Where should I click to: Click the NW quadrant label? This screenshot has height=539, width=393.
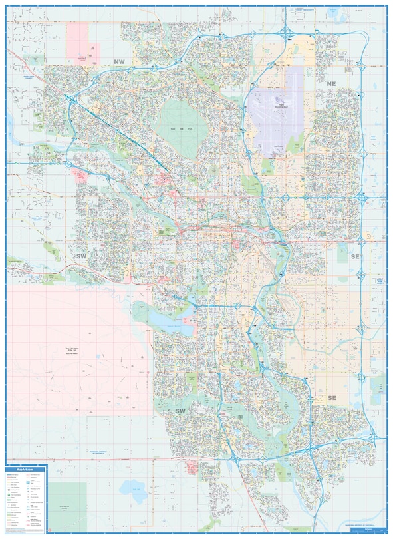pos(119,61)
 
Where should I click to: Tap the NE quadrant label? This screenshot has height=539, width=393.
pos(331,83)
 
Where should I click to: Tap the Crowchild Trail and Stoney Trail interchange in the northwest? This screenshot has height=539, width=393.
pos(69,99)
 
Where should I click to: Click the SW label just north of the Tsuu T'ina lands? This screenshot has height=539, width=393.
pos(82,256)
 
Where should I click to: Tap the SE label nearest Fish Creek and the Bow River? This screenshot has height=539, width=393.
pos(332,398)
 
